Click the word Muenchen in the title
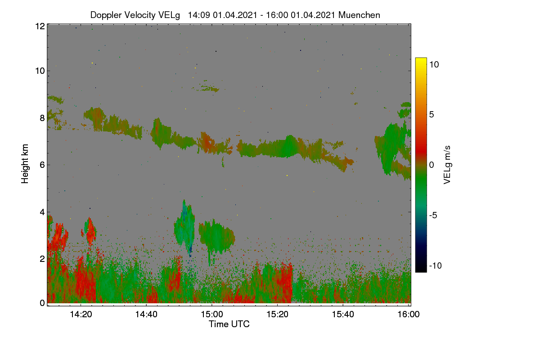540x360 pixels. (359, 15)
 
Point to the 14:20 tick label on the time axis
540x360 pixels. (81, 314)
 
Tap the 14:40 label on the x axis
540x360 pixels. (146, 314)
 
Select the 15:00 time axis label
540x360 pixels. (212, 314)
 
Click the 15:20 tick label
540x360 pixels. (277, 314)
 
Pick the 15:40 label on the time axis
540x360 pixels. (343, 314)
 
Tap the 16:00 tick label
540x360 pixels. (409, 314)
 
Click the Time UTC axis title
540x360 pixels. (229, 324)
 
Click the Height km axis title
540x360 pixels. (25, 164)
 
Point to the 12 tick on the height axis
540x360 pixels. (40, 26)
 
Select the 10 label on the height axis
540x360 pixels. (40, 71)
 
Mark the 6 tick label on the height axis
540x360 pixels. (42, 165)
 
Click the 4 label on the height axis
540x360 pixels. (42, 212)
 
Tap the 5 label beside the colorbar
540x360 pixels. (432, 115)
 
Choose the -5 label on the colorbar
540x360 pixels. (433, 215)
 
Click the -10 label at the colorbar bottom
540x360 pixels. (436, 265)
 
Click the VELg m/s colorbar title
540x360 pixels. (447, 165)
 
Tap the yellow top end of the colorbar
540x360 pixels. (421, 59)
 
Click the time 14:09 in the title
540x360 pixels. (199, 15)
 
